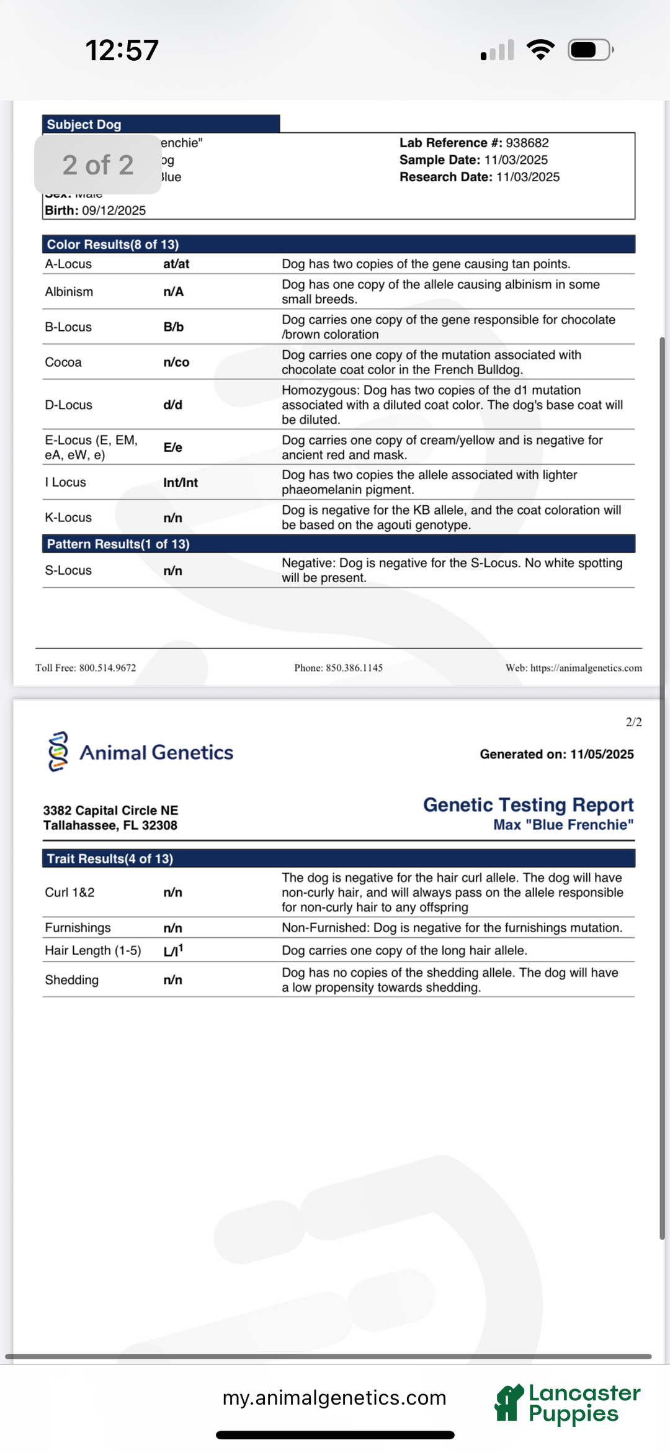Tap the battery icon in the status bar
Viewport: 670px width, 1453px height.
click(590, 50)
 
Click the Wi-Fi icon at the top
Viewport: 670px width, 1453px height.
click(540, 50)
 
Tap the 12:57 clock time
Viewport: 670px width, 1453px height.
click(122, 50)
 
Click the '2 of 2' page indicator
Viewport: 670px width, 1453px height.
click(98, 165)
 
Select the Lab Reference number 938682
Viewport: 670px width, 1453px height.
click(527, 143)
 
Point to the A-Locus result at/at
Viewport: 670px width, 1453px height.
click(176, 264)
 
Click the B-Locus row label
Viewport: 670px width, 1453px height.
click(68, 327)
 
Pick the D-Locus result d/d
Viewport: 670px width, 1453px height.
click(173, 405)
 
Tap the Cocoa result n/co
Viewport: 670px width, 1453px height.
click(176, 362)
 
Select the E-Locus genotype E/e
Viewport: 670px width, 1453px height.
click(173, 448)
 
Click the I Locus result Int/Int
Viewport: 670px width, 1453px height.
click(181, 483)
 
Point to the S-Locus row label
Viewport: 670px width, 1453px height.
click(68, 570)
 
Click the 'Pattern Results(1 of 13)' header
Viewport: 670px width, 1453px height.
click(118, 544)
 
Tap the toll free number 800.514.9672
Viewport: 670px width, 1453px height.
click(107, 668)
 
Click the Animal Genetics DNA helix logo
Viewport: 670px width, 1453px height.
click(58, 752)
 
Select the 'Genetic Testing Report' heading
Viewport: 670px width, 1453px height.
click(528, 805)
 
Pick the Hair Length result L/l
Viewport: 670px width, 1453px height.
click(173, 951)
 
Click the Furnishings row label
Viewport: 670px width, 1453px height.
click(78, 928)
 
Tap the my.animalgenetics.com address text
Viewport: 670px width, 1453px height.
click(334, 1398)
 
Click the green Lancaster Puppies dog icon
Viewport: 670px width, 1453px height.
click(509, 1403)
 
